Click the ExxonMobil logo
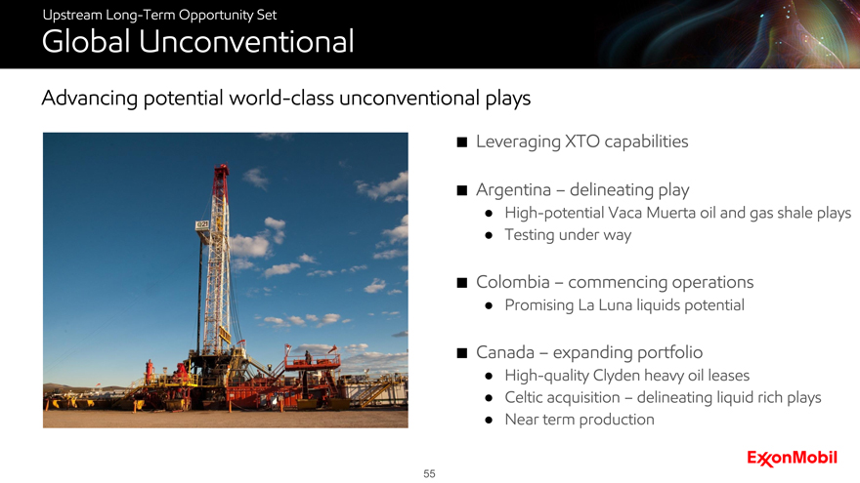[x=792, y=458]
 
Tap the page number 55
[x=429, y=473]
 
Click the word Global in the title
[x=86, y=42]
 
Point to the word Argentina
[x=513, y=189]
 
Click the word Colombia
[x=513, y=282]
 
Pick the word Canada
[x=505, y=352]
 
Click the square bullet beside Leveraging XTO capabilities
[x=462, y=142]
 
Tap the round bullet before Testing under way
[x=489, y=236]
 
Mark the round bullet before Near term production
[x=489, y=421]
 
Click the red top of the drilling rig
[x=221, y=174]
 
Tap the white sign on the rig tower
[x=202, y=224]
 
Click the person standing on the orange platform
[x=308, y=357]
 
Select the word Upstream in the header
[x=72, y=16]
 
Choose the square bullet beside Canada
[x=462, y=353]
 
